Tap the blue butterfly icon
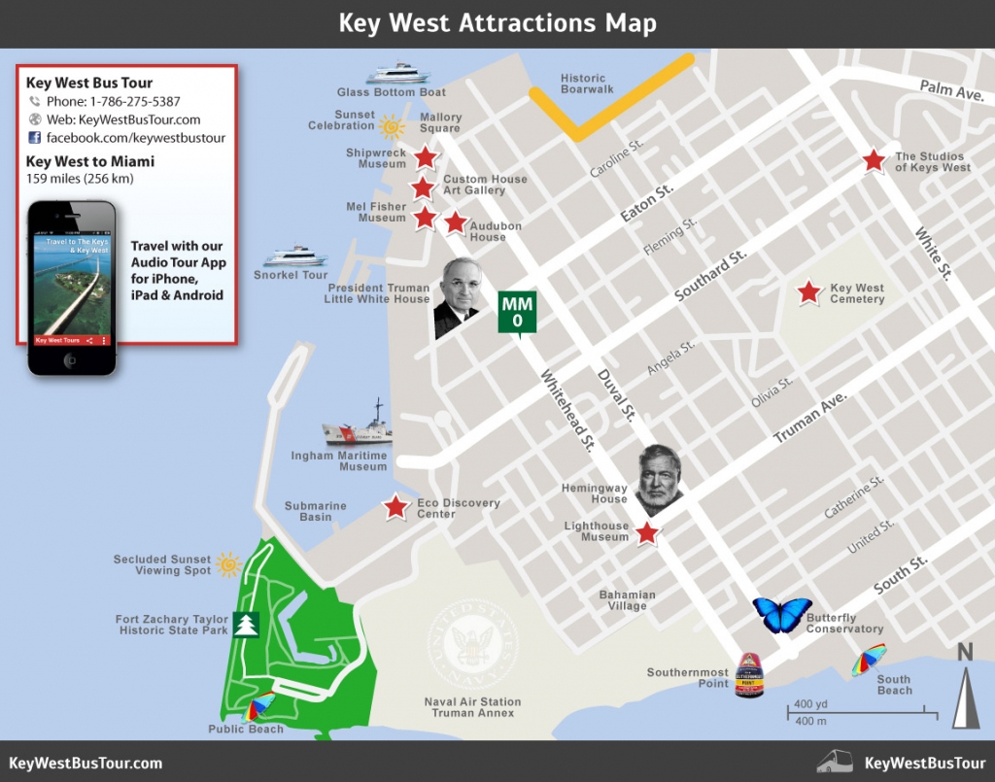click(x=781, y=615)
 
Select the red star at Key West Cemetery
click(x=808, y=292)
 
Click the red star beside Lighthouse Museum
click(x=647, y=532)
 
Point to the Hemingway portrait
click(x=658, y=480)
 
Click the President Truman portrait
click(x=457, y=297)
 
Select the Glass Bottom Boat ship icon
click(x=397, y=74)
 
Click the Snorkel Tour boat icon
click(x=296, y=256)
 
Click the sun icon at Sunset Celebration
click(x=392, y=125)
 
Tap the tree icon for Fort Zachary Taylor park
click(x=245, y=624)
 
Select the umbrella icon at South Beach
click(x=868, y=659)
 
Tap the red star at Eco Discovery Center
click(x=395, y=507)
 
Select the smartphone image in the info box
click(x=72, y=289)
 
